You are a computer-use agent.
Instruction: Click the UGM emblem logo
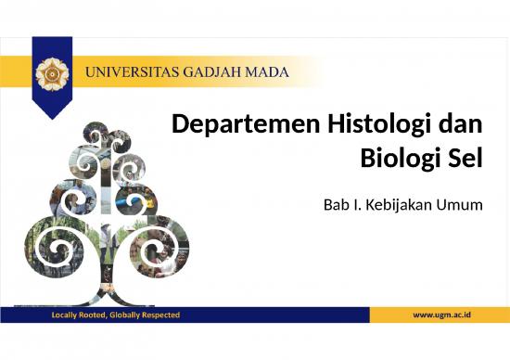[x=51, y=72]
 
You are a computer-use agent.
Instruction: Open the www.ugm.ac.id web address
[x=442, y=315]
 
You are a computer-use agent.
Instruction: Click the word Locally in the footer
[x=67, y=315]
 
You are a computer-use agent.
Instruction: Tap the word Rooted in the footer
[x=98, y=315]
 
